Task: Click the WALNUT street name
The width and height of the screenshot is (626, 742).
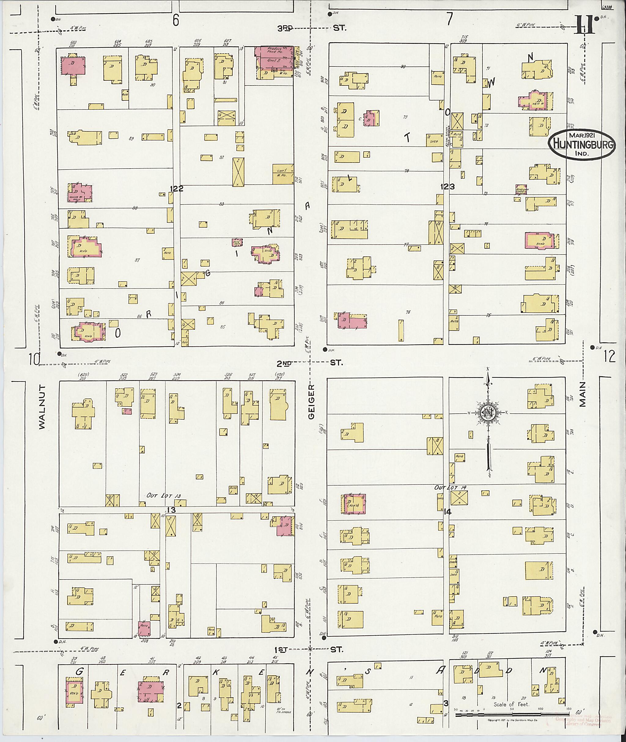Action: point(42,407)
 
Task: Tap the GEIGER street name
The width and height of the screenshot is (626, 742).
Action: point(311,401)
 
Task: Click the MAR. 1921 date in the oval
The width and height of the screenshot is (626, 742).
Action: point(582,135)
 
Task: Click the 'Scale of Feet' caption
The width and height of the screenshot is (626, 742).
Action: point(511,704)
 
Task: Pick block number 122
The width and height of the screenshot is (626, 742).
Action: point(176,189)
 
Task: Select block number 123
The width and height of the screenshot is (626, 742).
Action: point(447,187)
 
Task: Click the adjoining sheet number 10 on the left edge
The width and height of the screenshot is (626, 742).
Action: point(35,360)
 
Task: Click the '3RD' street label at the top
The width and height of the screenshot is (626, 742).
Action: point(285,28)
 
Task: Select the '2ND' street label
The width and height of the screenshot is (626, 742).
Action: point(284,363)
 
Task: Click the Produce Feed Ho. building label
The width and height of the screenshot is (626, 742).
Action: point(274,50)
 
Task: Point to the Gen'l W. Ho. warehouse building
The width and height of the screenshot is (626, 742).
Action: point(283,174)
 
